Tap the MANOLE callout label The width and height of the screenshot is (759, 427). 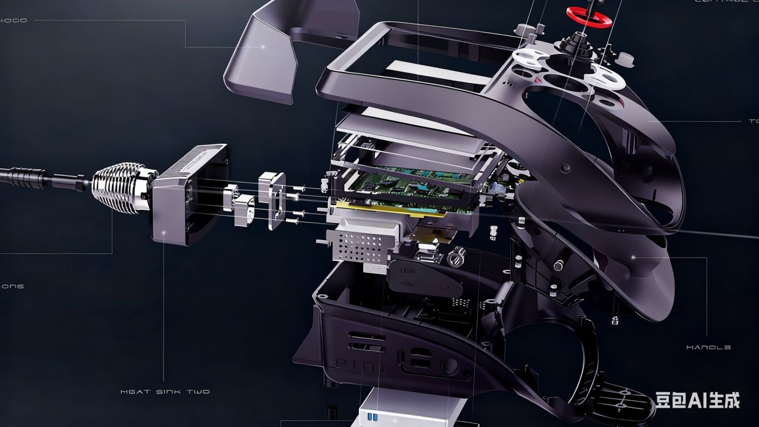(708, 347)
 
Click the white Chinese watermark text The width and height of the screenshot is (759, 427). (697, 400)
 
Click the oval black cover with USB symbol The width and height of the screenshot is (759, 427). (425, 278)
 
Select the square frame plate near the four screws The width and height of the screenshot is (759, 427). (272, 200)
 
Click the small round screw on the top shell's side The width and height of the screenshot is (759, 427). (566, 169)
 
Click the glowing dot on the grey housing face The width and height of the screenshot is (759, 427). (164, 232)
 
